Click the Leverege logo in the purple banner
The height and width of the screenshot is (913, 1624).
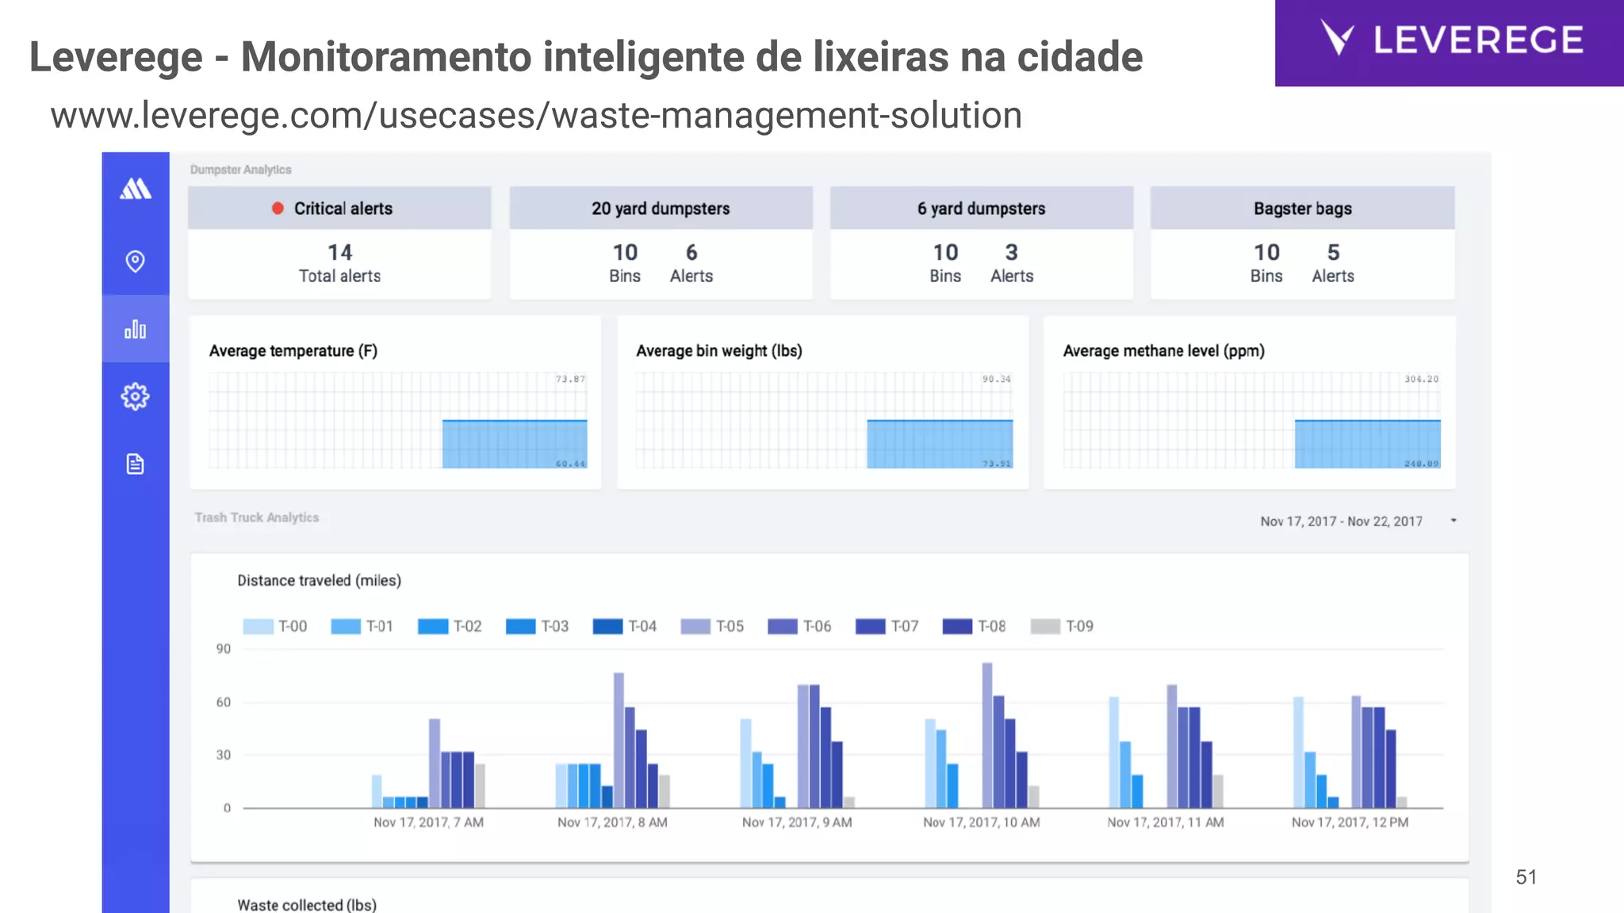(x=1450, y=40)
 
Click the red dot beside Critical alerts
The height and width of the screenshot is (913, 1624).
(x=278, y=208)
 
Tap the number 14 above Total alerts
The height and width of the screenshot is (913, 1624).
(x=339, y=253)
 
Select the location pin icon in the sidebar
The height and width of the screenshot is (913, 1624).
(x=136, y=261)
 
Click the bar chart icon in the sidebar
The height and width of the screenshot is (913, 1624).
(x=136, y=329)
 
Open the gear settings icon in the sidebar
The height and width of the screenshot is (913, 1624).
(x=136, y=396)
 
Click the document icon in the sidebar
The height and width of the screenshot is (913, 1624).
(x=136, y=464)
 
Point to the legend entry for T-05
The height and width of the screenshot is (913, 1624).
(x=712, y=626)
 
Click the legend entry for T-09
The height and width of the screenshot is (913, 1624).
(x=1062, y=626)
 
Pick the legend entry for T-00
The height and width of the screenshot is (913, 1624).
(x=274, y=626)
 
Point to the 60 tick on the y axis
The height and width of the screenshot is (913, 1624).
(x=224, y=702)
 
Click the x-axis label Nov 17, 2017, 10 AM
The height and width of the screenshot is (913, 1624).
(x=981, y=823)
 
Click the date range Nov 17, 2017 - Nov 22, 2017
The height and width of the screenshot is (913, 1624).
(x=1341, y=521)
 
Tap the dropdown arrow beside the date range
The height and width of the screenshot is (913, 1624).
(x=1454, y=521)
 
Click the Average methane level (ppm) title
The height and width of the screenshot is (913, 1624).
(x=1163, y=351)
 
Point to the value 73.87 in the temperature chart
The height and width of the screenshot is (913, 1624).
(x=570, y=379)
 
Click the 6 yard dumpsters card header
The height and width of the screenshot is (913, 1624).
(x=981, y=208)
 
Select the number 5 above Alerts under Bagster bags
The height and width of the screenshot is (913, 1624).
(x=1333, y=253)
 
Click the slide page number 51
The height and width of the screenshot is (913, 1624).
(x=1526, y=877)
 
